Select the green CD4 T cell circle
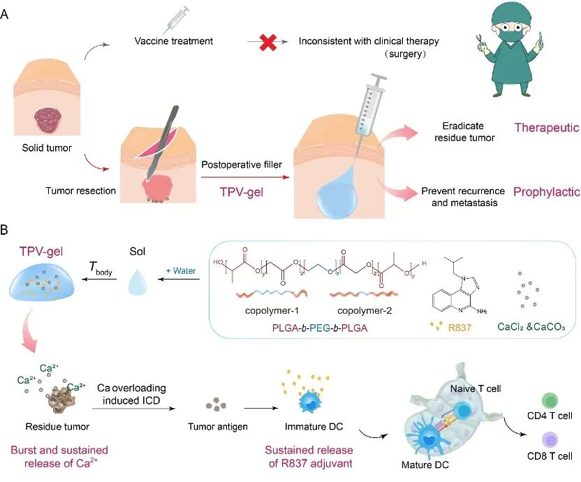550,401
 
